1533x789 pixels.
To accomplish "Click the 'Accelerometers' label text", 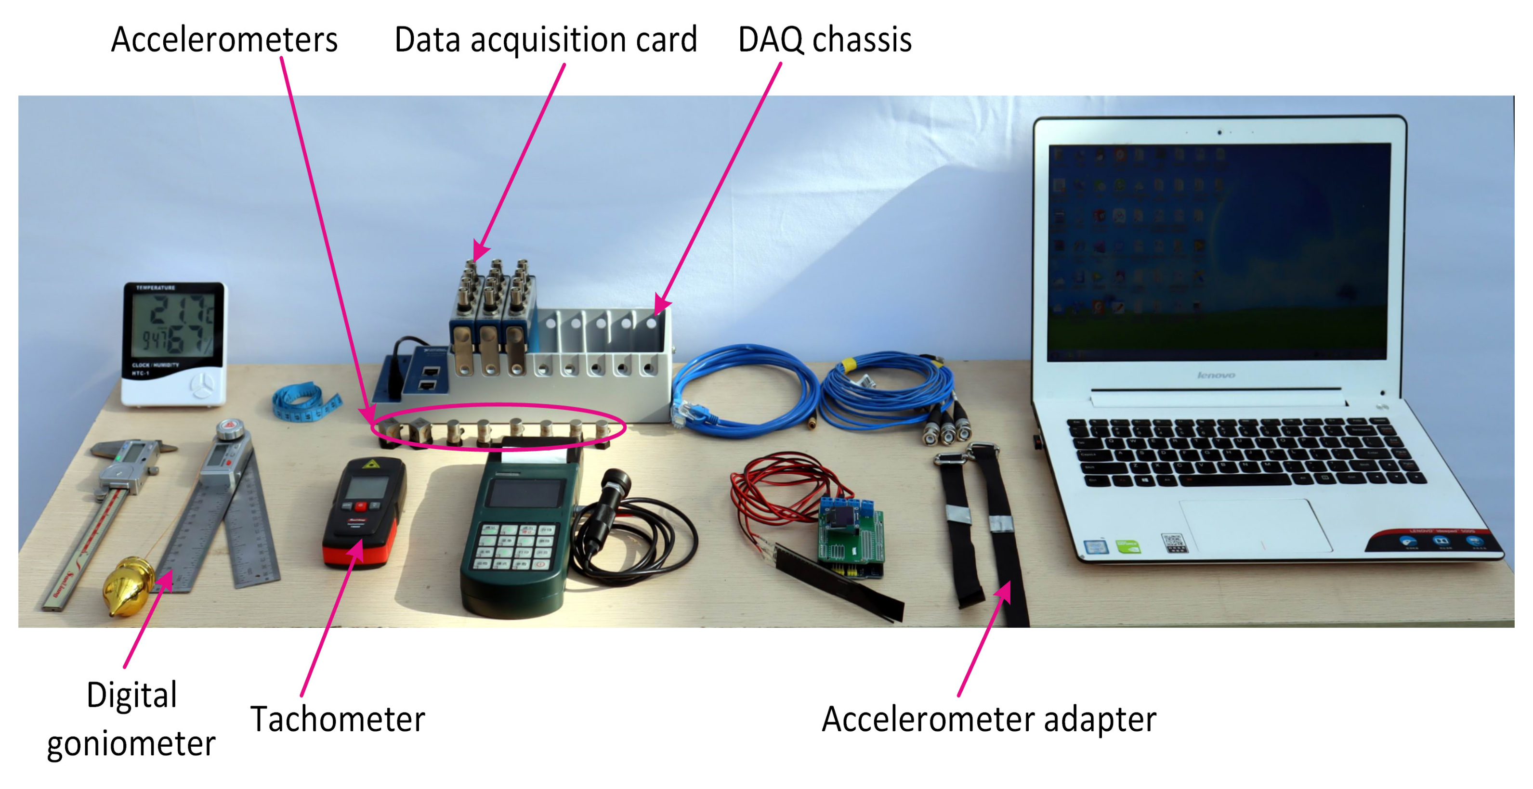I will pos(224,40).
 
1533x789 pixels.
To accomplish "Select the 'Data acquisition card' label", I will pos(545,40).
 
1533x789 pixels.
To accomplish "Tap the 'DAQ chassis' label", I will pos(824,40).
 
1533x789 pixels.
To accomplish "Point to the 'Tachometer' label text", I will pos(338,719).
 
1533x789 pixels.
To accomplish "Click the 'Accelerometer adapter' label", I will pos(988,719).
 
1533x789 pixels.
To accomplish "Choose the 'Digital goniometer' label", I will pos(131,719).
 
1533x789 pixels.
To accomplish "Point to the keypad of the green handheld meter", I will pos(515,544).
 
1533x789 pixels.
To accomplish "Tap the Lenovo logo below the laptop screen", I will pos(1215,375).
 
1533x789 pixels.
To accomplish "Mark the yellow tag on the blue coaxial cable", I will pos(848,364).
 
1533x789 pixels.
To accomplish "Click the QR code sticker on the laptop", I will pos(1173,542).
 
